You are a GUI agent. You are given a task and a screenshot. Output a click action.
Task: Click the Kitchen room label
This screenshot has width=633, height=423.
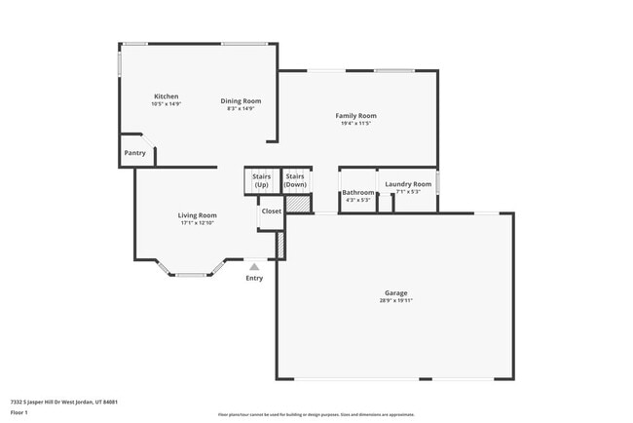pyautogui.click(x=167, y=96)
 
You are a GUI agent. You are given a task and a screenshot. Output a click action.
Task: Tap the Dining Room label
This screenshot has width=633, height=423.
pyautogui.click(x=241, y=100)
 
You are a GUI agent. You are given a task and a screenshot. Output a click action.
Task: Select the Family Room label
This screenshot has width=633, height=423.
pyautogui.click(x=355, y=115)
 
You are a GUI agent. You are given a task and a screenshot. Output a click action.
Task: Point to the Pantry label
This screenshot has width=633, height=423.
pyautogui.click(x=134, y=153)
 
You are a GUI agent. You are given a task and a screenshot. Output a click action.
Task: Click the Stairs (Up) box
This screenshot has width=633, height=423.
pyautogui.click(x=261, y=180)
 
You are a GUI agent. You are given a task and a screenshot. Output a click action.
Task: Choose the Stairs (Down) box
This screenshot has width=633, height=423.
pyautogui.click(x=295, y=180)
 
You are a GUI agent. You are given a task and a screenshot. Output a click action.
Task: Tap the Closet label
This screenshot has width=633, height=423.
pyautogui.click(x=271, y=211)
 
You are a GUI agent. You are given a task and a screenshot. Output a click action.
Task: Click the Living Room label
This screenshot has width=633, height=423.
pyautogui.click(x=197, y=215)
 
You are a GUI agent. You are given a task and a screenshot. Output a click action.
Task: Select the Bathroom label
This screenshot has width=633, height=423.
pyautogui.click(x=358, y=193)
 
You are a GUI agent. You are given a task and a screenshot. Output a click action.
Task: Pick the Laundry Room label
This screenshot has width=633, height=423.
pyautogui.click(x=408, y=184)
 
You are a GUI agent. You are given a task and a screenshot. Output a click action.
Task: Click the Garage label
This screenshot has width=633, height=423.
pyautogui.click(x=395, y=293)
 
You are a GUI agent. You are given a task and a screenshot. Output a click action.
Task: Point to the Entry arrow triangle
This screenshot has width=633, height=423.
pyautogui.click(x=254, y=265)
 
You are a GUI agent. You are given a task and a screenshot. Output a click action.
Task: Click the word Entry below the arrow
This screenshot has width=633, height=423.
pyautogui.click(x=254, y=279)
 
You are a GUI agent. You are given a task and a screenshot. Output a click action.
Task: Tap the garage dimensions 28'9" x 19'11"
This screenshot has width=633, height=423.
pyautogui.click(x=395, y=301)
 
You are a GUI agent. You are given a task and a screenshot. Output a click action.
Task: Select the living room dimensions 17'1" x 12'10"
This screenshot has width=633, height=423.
pyautogui.click(x=197, y=223)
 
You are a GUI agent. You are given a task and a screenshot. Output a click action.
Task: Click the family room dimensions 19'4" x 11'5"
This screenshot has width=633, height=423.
pyautogui.click(x=355, y=124)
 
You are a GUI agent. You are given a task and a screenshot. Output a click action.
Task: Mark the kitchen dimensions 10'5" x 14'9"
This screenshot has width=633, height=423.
pyautogui.click(x=167, y=103)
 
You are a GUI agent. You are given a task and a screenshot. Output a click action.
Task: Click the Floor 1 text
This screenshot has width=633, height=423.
pyautogui.click(x=19, y=412)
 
